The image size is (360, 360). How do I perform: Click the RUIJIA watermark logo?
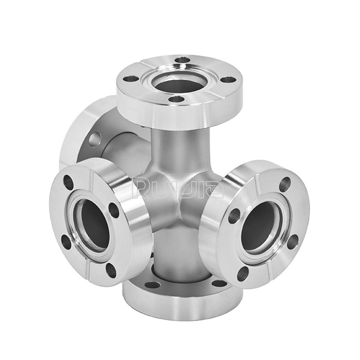178,189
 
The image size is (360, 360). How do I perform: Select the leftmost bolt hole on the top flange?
131,79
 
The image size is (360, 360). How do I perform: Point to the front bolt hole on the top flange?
176,99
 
